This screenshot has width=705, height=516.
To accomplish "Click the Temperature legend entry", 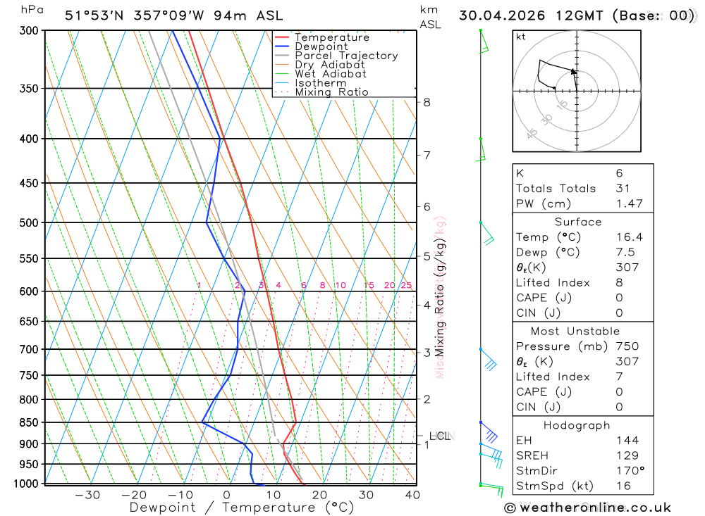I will click(x=331, y=37).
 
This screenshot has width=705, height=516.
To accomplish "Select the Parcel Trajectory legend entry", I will click(x=346, y=56).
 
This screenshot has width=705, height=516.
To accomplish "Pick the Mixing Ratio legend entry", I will click(x=331, y=92).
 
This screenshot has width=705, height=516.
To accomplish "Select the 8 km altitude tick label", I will click(x=427, y=102).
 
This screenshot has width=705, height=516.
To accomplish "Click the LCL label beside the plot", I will click(x=439, y=436).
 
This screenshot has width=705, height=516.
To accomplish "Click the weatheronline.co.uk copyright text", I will click(x=587, y=508).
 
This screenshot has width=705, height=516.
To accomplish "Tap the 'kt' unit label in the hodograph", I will click(x=521, y=37).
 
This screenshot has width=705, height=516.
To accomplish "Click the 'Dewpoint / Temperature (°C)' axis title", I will click(x=241, y=507).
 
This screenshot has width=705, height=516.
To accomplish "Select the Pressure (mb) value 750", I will click(x=627, y=346).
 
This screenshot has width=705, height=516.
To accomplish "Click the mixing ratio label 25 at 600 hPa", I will click(x=406, y=285).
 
